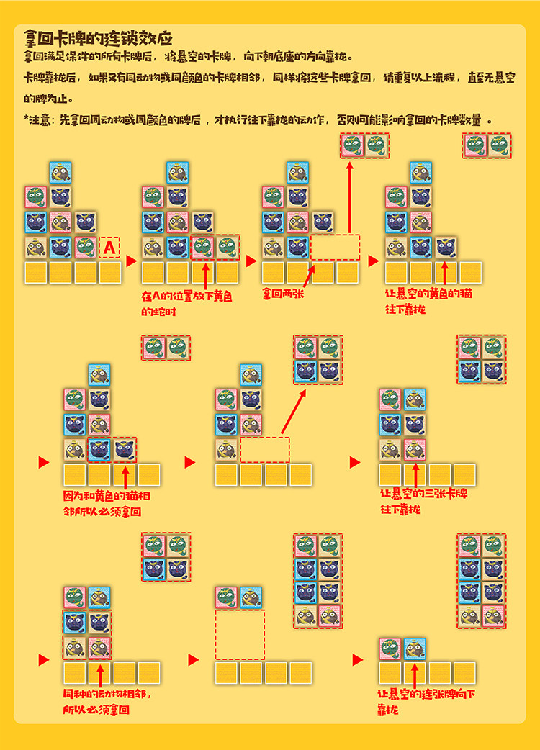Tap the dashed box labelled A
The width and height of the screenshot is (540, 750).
point(109,248)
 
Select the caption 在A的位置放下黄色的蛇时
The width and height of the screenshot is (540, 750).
point(177,302)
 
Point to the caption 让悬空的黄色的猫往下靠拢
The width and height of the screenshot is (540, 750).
point(429,302)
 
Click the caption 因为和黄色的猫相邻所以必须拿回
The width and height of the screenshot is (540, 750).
point(102,504)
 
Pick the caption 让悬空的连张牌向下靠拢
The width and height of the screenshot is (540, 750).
point(426,702)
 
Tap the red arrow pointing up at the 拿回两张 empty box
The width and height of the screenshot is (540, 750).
point(309,276)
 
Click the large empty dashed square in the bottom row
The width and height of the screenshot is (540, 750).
point(240,635)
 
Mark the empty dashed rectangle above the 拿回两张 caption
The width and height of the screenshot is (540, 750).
point(335,247)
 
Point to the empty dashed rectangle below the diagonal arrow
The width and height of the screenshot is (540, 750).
point(264,450)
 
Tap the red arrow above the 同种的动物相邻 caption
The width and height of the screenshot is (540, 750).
point(100,677)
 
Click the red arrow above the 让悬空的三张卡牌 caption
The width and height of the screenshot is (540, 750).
point(414,476)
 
